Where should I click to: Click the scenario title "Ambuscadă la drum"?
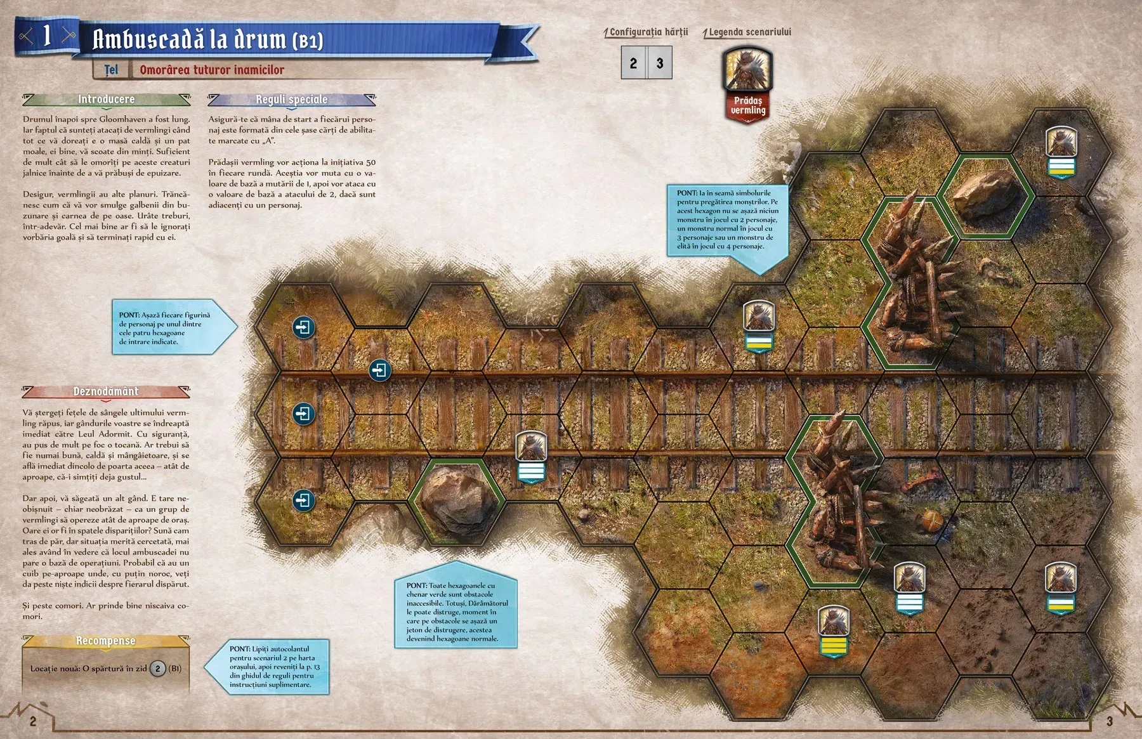[208, 39]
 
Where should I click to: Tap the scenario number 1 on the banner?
[46, 36]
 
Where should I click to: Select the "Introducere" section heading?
[106, 99]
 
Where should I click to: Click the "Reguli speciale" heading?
[291, 100]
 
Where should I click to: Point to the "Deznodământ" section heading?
[105, 391]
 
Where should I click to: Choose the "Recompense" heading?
[105, 641]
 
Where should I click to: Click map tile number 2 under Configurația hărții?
[633, 63]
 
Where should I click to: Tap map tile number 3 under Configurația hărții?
[660, 63]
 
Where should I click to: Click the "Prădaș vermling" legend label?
[748, 105]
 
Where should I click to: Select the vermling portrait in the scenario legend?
[747, 69]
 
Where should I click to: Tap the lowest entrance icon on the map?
[303, 500]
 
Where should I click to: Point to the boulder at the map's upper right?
[986, 193]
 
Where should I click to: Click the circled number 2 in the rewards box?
[158, 668]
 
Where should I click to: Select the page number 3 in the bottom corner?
[1109, 721]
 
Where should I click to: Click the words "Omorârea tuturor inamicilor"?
[212, 70]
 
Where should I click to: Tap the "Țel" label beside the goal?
[112, 70]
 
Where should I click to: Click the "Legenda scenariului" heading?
[749, 32]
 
